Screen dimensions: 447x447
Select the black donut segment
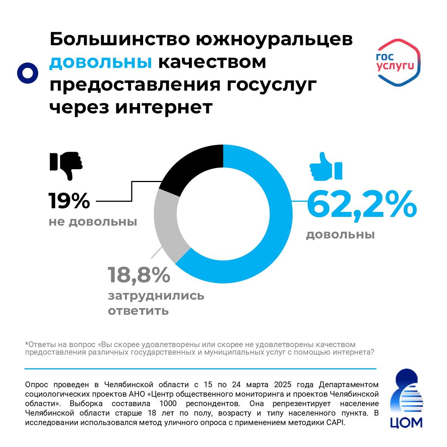(193, 167)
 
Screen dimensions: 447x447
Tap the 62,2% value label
(361, 205)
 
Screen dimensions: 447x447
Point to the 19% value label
(69, 201)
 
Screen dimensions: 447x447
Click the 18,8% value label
(139, 275)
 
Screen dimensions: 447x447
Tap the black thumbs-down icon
(66, 165)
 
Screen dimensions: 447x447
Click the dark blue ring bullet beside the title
(28, 73)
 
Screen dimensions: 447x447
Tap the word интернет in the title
(164, 107)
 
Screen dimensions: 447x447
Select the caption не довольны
(93, 221)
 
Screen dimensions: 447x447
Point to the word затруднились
(156, 296)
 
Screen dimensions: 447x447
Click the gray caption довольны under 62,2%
(340, 235)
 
